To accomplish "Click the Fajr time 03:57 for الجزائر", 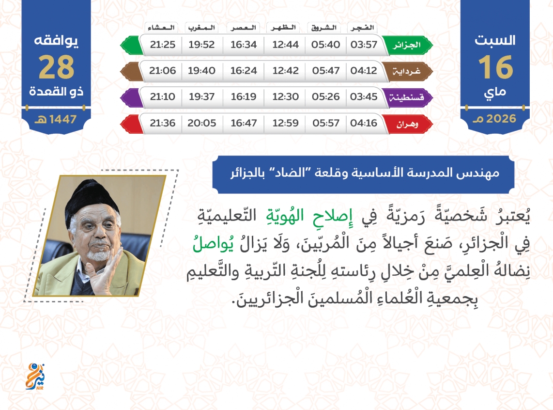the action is [x=364, y=45].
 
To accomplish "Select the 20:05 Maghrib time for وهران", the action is [x=202, y=123].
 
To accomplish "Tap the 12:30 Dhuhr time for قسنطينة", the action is [x=285, y=96].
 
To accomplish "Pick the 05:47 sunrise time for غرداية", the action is [x=325, y=71].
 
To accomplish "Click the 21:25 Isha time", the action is [x=163, y=45].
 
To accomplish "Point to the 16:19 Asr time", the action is [x=244, y=96].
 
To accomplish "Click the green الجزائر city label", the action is [x=407, y=45].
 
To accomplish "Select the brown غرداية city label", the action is [x=407, y=71].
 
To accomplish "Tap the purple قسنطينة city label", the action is [x=406, y=97].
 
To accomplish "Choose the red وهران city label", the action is [x=407, y=124].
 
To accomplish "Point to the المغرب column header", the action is [x=201, y=28].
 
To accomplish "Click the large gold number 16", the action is [x=495, y=67].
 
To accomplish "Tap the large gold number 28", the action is [x=57, y=67].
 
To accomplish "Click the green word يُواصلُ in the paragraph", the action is [x=213, y=244].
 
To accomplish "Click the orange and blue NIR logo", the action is [x=35, y=377].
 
